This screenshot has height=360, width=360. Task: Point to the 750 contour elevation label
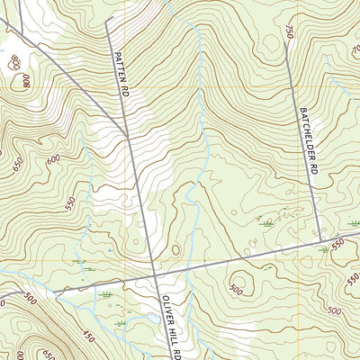[x=290, y=32]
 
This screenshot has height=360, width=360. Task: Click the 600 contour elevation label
[x=54, y=158]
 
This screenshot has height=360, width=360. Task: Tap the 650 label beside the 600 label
[x=19, y=165]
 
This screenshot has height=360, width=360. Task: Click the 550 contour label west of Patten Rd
[x=71, y=202]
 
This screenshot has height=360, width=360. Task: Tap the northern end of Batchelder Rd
[x=285, y=43]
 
